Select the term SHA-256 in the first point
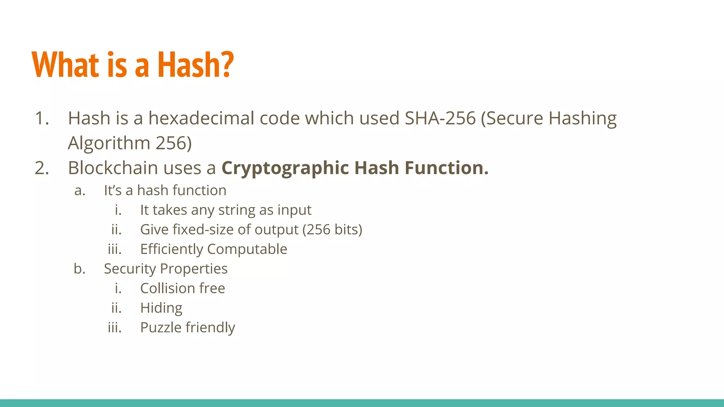(x=440, y=118)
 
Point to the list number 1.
(x=42, y=118)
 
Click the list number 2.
(x=42, y=168)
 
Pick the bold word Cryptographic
(x=285, y=168)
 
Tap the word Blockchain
(x=113, y=168)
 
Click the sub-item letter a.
(x=80, y=190)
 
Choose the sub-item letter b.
(x=80, y=269)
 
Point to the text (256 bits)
(x=332, y=230)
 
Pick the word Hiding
(x=161, y=308)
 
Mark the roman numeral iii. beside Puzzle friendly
(x=115, y=328)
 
